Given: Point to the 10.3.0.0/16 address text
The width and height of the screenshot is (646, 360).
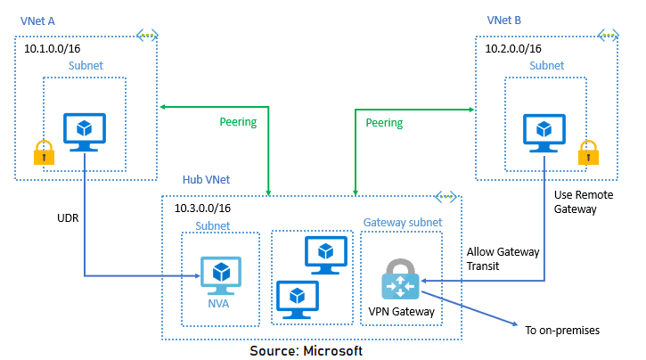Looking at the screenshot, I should click(x=208, y=209).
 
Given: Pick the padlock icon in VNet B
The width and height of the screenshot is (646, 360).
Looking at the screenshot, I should click(x=587, y=152).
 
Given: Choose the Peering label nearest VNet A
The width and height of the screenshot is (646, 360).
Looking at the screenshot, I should click(x=238, y=122).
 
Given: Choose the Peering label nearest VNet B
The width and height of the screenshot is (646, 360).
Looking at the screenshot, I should click(x=384, y=122).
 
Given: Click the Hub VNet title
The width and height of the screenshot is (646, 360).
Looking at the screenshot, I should click(x=206, y=180).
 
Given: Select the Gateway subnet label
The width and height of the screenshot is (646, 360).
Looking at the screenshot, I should click(x=401, y=221).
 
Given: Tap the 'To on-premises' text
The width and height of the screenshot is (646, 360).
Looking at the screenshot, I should click(x=562, y=331).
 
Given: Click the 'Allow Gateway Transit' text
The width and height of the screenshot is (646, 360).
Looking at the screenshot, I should click(x=503, y=259).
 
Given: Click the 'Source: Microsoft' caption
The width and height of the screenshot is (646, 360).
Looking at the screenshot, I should click(x=306, y=350).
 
